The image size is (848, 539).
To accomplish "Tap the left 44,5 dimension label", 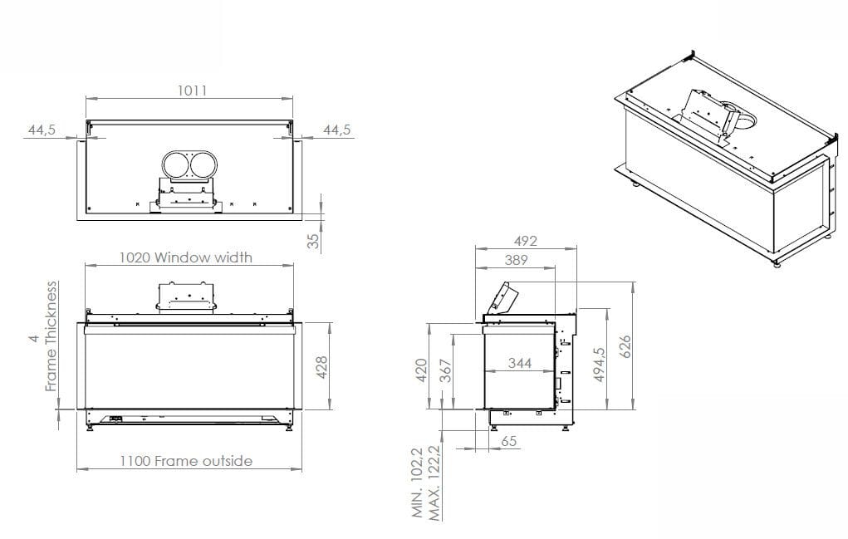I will click(x=42, y=130).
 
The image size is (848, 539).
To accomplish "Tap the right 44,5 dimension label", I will click(x=336, y=130).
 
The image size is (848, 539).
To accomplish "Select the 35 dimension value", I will click(x=312, y=240).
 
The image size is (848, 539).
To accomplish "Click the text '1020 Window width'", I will click(x=185, y=257).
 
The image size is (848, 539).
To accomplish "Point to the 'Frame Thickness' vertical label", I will click(x=51, y=336).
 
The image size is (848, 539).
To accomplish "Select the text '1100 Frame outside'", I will click(x=185, y=460).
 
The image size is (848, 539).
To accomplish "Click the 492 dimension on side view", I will click(x=525, y=241).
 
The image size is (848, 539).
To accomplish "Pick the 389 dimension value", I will click(x=515, y=260).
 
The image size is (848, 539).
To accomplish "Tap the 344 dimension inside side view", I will click(x=520, y=363).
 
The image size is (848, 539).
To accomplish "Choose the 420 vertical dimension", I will click(x=421, y=370).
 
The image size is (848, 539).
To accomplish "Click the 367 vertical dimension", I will click(x=446, y=370).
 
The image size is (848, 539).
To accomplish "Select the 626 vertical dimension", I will click(x=625, y=345).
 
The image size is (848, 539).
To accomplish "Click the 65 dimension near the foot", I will click(x=509, y=441).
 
